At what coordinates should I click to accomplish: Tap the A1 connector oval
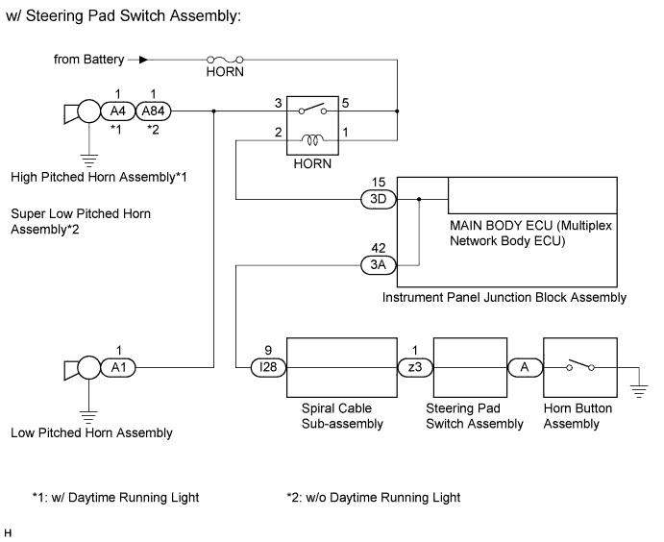click(x=116, y=366)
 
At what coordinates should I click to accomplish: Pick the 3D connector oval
click(x=376, y=200)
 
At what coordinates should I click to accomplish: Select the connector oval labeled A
click(x=525, y=366)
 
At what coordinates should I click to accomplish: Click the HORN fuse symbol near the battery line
click(x=224, y=59)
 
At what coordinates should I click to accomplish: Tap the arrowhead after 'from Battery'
click(x=145, y=59)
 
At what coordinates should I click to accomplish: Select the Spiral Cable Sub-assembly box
click(x=341, y=366)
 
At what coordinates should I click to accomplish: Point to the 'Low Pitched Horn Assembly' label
click(x=91, y=432)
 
